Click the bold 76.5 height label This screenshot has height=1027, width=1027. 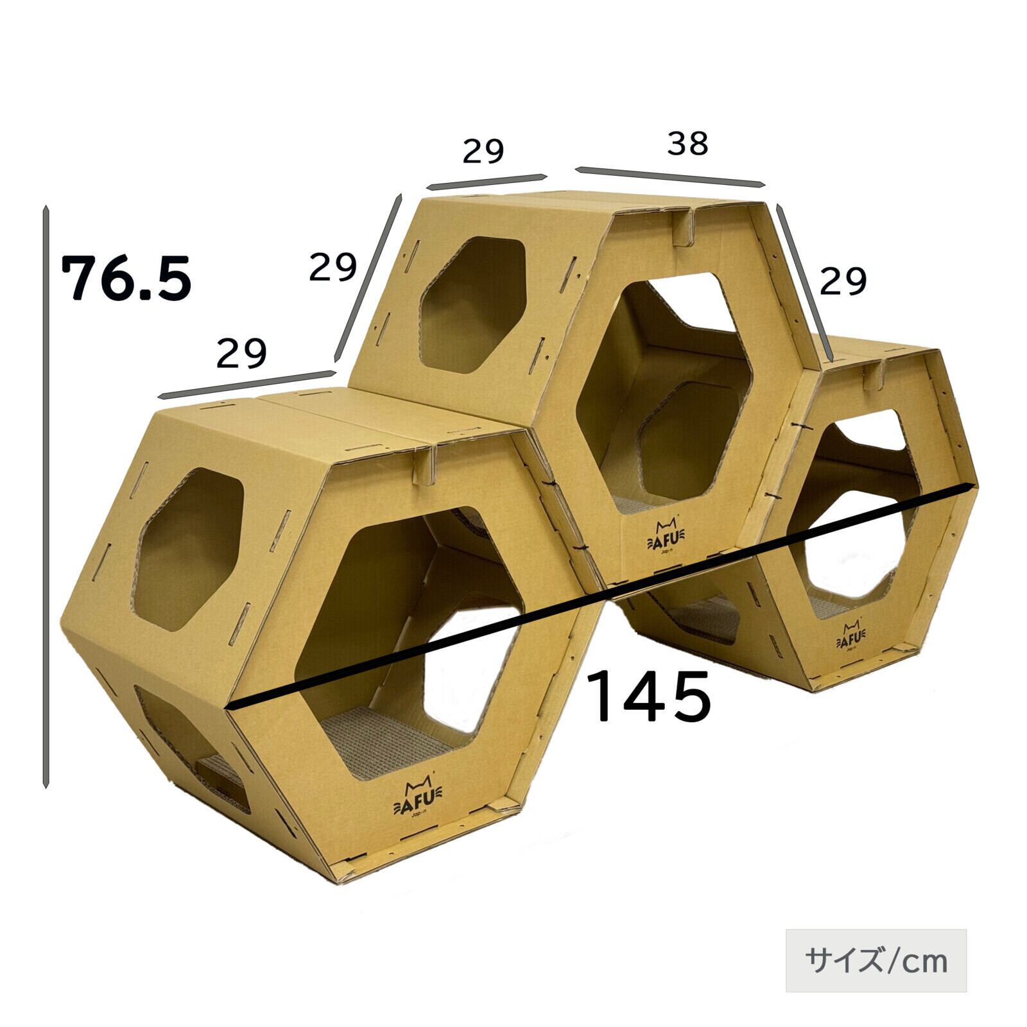click(x=126, y=278)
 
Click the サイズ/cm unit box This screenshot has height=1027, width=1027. click(x=876, y=960)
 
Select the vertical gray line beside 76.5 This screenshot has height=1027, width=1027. click(x=46, y=497)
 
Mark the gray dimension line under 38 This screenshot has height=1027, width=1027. click(x=671, y=177)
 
